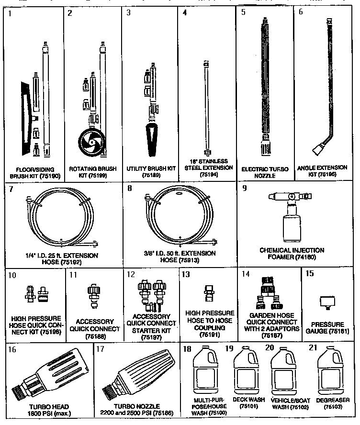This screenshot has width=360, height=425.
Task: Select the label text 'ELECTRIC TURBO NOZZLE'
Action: coord(264,172)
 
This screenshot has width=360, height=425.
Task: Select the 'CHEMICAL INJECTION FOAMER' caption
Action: coord(292,253)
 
